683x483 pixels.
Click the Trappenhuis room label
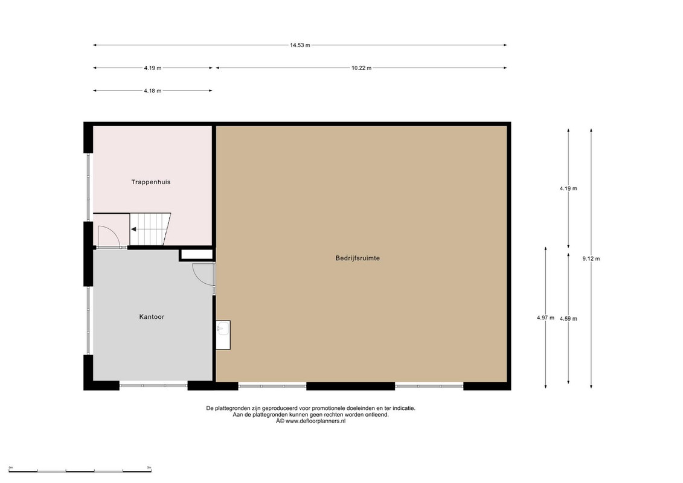(x=151, y=182)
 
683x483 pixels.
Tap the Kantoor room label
(x=152, y=316)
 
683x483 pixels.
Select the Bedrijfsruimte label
(x=358, y=258)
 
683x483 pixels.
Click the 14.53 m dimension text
(x=300, y=45)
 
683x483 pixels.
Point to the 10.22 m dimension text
(x=362, y=68)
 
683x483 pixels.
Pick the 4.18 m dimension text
(x=152, y=91)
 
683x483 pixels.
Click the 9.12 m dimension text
(x=591, y=258)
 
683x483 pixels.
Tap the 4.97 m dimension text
(x=545, y=318)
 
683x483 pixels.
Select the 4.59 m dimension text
(x=568, y=319)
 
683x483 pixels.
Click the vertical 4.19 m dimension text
(x=568, y=188)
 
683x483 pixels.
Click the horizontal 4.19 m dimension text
(x=152, y=68)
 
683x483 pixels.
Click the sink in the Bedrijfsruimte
(x=223, y=335)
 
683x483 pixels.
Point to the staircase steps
(x=150, y=229)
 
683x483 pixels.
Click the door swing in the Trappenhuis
(x=109, y=237)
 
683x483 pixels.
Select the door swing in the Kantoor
(x=202, y=274)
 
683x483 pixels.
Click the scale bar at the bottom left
(x=80, y=471)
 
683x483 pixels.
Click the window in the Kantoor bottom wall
(x=153, y=385)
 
